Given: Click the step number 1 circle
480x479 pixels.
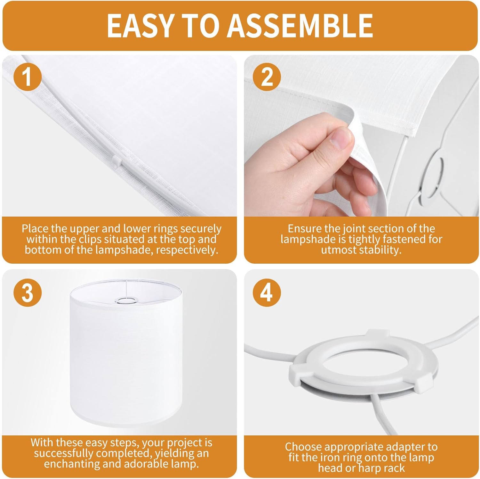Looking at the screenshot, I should pyautogui.click(x=28, y=77).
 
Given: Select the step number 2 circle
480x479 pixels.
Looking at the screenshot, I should pyautogui.click(x=267, y=77).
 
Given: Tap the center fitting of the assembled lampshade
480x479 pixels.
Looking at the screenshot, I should pyautogui.click(x=125, y=300).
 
